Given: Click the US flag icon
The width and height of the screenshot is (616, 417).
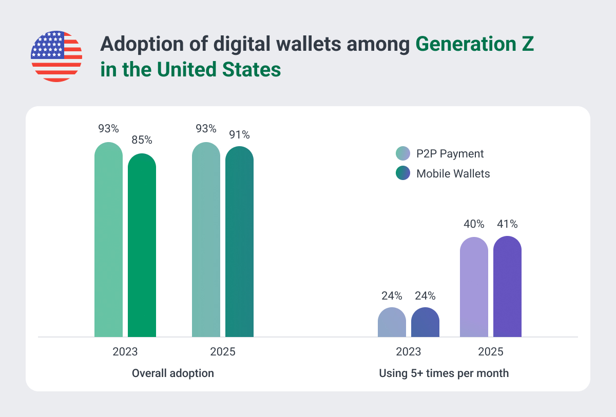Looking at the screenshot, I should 56,56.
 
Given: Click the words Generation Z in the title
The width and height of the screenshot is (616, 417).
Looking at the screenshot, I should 475,45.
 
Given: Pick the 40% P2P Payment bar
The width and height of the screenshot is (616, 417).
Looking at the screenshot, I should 474,287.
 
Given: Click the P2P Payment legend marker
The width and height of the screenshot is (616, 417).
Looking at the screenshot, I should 403,153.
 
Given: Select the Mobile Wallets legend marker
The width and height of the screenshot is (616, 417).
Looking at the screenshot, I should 403,173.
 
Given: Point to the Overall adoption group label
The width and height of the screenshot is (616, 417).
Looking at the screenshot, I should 173,373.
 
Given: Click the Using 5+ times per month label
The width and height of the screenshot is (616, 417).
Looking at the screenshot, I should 444,373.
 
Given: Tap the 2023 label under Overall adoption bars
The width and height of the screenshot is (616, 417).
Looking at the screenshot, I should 125,352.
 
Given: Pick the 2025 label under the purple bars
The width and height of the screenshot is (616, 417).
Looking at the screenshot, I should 491,352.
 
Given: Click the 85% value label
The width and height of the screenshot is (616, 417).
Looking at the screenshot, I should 142,140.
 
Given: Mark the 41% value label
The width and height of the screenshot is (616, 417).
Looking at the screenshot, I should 507,224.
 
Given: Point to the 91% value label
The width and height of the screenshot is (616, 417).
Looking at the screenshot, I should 239,135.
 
